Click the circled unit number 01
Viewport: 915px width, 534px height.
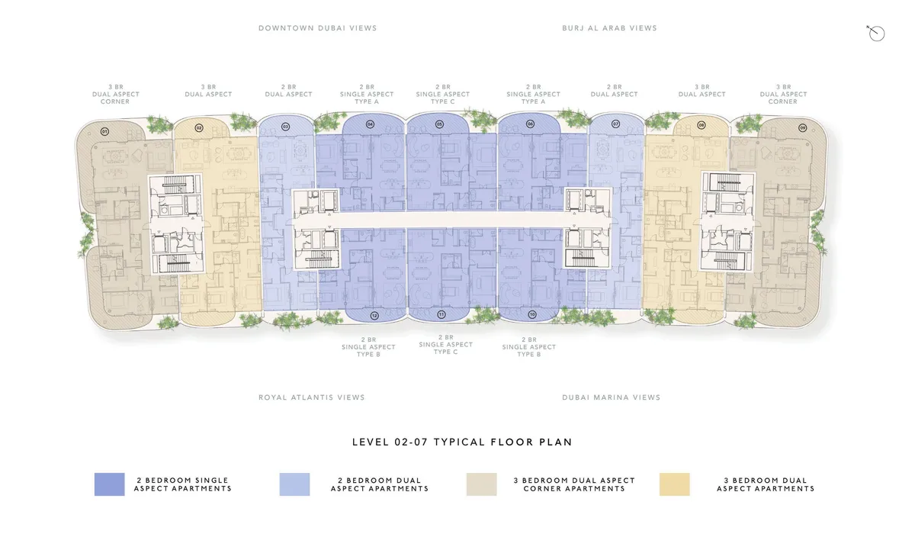(105, 131)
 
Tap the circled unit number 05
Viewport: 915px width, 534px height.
(439, 124)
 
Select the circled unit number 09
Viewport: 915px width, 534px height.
(802, 128)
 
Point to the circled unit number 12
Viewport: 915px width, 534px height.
(374, 315)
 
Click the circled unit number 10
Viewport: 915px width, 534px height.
(532, 314)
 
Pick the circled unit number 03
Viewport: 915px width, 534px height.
(285, 127)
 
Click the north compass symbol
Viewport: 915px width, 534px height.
(876, 33)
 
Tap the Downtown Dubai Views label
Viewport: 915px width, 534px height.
(317, 28)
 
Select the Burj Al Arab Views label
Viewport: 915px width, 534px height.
(609, 28)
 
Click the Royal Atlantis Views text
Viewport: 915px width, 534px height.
(312, 397)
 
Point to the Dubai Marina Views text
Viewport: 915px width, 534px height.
(611, 397)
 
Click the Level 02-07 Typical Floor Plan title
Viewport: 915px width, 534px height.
(462, 442)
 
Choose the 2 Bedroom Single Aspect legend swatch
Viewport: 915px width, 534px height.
(110, 484)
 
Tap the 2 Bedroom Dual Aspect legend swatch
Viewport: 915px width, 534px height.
(294, 484)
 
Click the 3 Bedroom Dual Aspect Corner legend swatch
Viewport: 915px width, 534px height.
(482, 484)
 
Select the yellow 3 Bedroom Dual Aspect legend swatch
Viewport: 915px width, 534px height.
(674, 484)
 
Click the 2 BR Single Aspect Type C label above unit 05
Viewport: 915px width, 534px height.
(443, 95)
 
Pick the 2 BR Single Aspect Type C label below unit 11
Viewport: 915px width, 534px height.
(445, 345)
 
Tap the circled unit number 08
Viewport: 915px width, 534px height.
(701, 125)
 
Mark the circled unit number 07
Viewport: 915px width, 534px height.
(615, 124)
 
